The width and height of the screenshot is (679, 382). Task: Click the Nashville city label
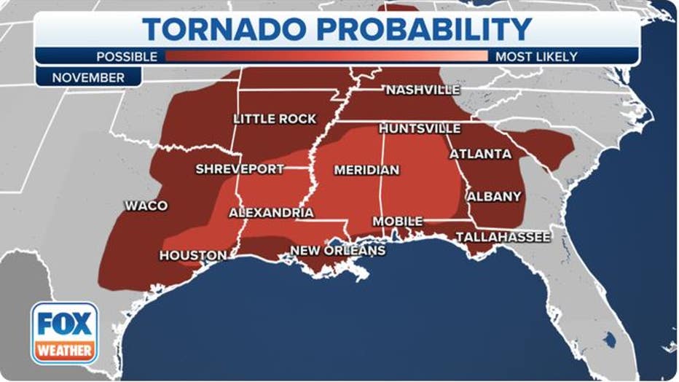pos(423,90)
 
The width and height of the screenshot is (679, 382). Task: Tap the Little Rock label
pos(275,118)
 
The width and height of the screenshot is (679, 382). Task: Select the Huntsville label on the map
pos(420,128)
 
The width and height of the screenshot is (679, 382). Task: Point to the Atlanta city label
pos(480,154)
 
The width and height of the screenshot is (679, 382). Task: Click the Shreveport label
pos(240,169)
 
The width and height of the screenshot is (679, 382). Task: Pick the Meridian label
pos(366,170)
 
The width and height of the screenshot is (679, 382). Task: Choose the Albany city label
pos(494,196)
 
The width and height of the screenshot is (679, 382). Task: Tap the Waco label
pos(146,206)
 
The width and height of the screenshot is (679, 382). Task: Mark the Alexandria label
pos(271,213)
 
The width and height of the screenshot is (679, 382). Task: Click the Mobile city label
pos(397,221)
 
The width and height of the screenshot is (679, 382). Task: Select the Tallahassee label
pos(503,236)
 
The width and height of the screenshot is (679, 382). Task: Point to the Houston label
pos(192,255)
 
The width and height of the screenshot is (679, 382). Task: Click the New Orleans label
pos(337,250)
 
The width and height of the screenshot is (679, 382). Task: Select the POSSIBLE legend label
pos(127,56)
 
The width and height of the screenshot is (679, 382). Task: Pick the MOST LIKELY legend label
pos(536,56)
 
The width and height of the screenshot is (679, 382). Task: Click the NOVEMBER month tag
pos(88,77)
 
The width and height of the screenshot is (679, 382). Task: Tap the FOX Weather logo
pos(64,333)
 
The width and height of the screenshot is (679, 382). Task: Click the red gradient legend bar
pos(326,56)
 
